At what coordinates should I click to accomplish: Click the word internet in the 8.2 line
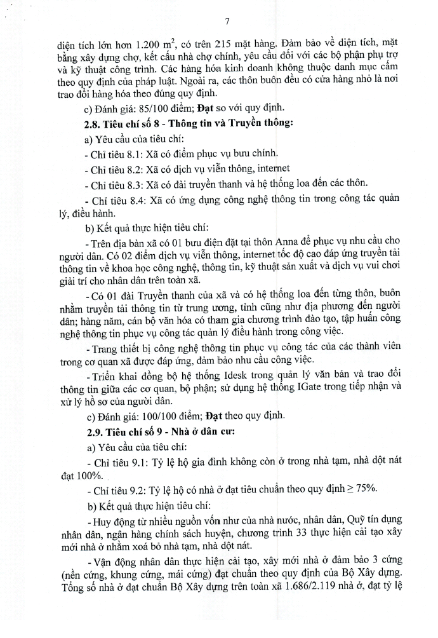pos(270,168)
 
